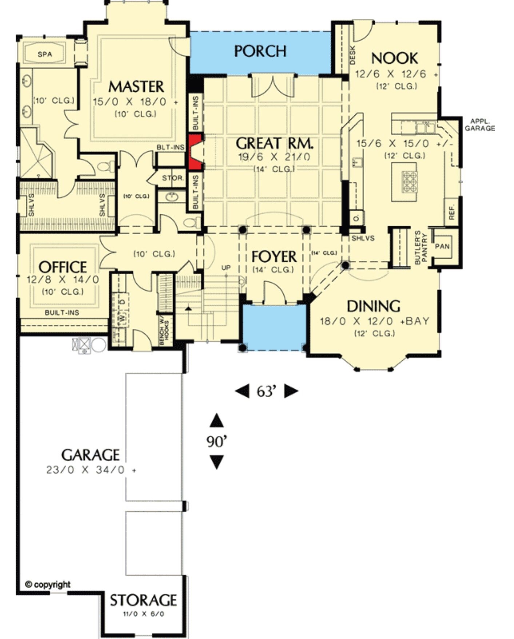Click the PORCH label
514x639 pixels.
click(x=260, y=51)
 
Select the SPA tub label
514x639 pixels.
click(x=45, y=55)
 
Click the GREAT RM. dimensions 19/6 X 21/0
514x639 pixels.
click(x=274, y=157)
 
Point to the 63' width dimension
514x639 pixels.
click(x=267, y=392)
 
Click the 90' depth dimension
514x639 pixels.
click(x=217, y=442)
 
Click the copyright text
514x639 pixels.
click(x=48, y=584)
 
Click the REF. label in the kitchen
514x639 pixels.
click(x=452, y=212)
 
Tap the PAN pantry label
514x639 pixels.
click(x=442, y=247)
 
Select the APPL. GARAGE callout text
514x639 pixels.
click(x=479, y=125)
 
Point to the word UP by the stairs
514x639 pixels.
click(x=226, y=268)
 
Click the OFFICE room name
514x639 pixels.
click(x=63, y=267)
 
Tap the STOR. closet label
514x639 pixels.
click(x=173, y=178)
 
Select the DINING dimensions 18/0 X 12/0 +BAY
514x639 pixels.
click(x=374, y=321)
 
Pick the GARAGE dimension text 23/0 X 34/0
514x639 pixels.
click(x=91, y=470)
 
